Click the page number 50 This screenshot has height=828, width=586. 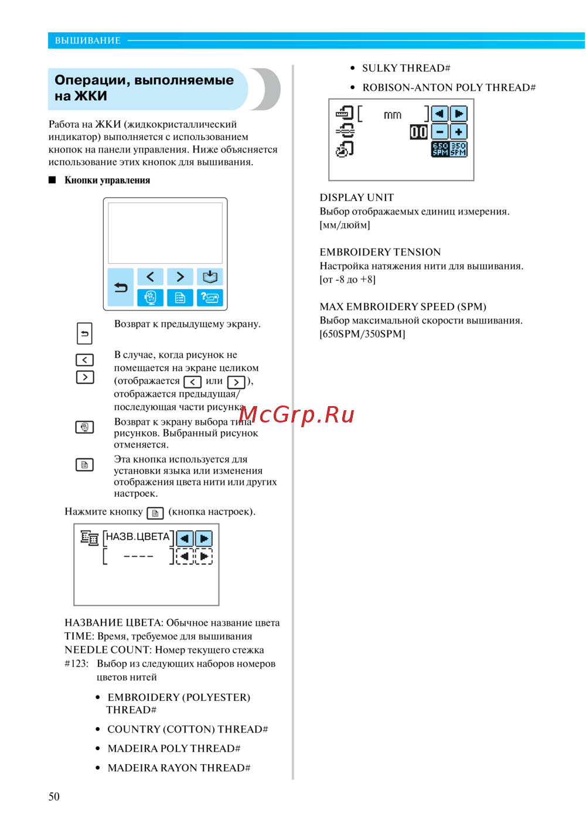click(x=54, y=796)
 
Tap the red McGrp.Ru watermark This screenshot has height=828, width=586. click(x=297, y=415)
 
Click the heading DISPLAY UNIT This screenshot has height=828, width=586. click(x=356, y=197)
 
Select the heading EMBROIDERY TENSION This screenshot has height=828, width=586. click(x=380, y=252)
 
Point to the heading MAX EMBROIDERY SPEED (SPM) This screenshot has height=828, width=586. click(x=403, y=306)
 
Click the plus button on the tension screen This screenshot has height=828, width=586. click(x=458, y=132)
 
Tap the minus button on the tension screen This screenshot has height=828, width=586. click(x=440, y=132)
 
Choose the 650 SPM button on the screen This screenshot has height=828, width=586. click(x=440, y=149)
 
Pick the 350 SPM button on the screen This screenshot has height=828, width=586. click(x=458, y=149)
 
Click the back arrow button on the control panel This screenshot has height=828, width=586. click(x=121, y=287)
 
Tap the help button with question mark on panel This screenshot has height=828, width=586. click(x=210, y=298)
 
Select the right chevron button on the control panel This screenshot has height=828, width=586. click(x=180, y=277)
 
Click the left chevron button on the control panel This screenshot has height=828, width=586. click(x=151, y=277)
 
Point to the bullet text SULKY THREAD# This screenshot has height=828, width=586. click(x=406, y=68)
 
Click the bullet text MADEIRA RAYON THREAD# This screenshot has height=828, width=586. click(x=179, y=768)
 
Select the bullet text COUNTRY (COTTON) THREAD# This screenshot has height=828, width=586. click(x=188, y=729)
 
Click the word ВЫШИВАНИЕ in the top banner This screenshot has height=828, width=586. click(x=88, y=40)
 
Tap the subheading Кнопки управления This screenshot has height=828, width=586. click(x=107, y=180)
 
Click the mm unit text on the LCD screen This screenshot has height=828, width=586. click(x=393, y=115)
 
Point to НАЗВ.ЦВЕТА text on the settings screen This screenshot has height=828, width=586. click(x=138, y=537)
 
